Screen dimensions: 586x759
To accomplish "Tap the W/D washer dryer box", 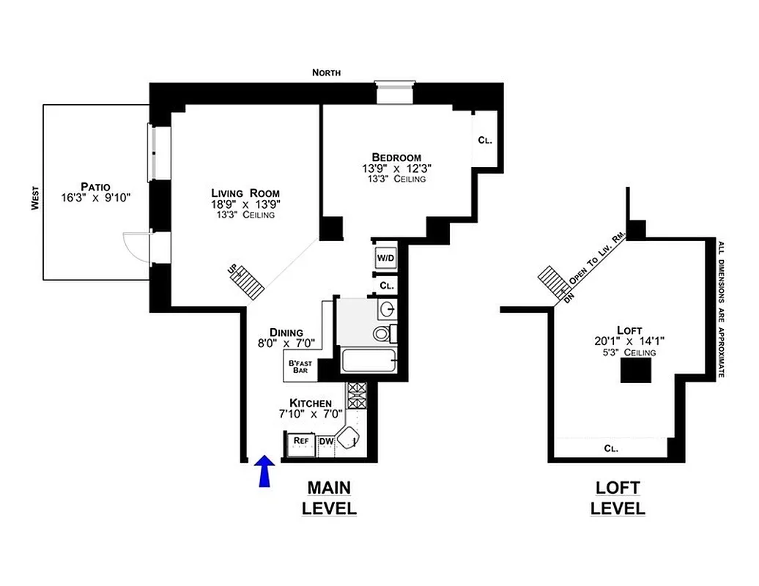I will (385, 258).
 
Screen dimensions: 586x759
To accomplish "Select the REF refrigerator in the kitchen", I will (300, 441).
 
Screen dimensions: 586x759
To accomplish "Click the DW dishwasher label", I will (325, 441).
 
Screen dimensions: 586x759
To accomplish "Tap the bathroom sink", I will (388, 308).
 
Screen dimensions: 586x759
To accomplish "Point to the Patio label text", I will (96, 186).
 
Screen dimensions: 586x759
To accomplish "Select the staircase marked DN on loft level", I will (552, 281).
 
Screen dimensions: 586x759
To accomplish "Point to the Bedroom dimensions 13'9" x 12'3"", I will (396, 168).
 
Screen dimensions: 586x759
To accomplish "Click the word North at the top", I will (326, 73).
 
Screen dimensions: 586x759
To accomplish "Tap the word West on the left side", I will (34, 197).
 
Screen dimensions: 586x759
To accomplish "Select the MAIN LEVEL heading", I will (329, 497).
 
